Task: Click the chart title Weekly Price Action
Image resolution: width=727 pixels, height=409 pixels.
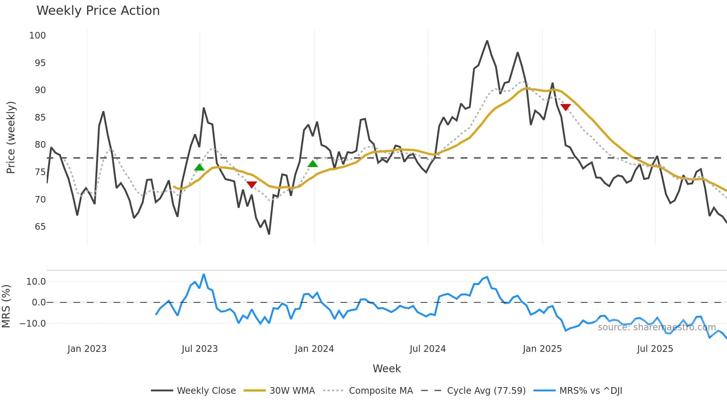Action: point(98,10)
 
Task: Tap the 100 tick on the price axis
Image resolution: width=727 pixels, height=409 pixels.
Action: point(37,36)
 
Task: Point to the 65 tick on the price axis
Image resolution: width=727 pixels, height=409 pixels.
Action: point(40,227)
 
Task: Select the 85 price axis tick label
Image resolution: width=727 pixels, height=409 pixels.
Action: point(40,118)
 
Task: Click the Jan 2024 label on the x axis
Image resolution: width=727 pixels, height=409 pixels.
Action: point(314,349)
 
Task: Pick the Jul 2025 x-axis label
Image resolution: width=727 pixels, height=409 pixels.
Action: point(655,349)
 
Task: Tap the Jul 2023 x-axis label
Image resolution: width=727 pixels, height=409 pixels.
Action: point(200,349)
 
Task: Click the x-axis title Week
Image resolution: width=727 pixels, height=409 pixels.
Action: point(386,369)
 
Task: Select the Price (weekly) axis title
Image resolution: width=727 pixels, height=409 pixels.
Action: point(11,137)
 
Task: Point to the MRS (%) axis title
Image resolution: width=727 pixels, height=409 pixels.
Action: point(6,306)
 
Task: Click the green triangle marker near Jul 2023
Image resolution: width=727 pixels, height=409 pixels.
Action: point(199,167)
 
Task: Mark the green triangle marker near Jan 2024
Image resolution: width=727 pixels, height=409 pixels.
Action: point(313,164)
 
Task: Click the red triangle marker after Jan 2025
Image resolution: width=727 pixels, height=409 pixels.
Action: point(566,107)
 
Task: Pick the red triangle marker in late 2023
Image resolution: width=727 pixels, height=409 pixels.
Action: point(251,184)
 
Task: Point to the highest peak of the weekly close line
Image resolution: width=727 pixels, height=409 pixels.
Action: point(487,41)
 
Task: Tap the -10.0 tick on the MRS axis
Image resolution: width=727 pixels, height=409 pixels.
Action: point(33,324)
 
